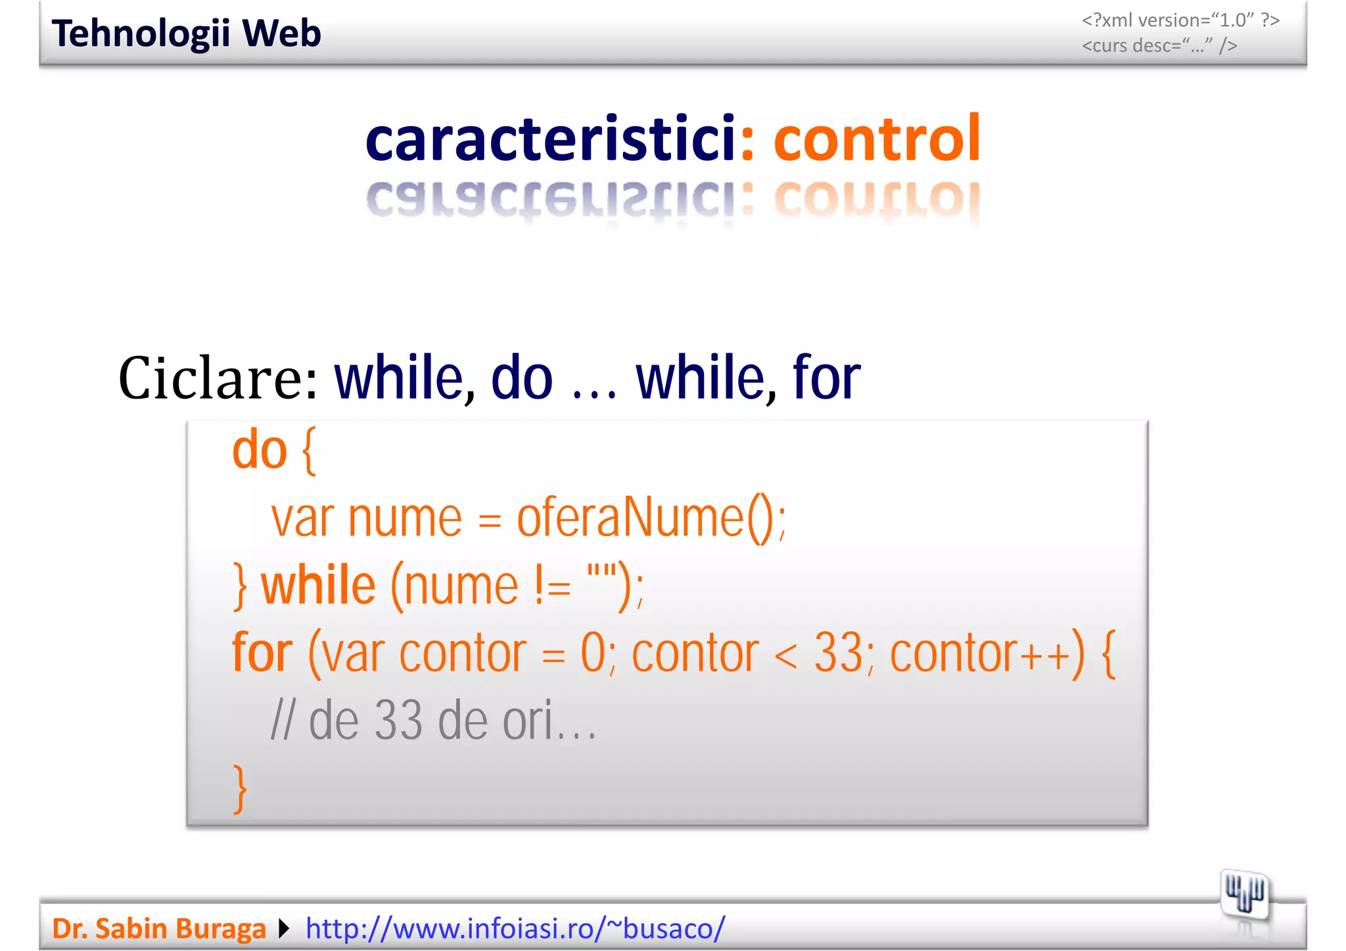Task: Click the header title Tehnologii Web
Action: pyautogui.click(x=186, y=33)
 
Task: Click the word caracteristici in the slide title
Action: pyautogui.click(x=551, y=139)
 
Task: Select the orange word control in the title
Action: pyautogui.click(x=877, y=139)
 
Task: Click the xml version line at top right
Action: pyautogui.click(x=1180, y=20)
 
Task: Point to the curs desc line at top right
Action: pyautogui.click(x=1159, y=45)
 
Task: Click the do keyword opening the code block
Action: pyautogui.click(x=260, y=451)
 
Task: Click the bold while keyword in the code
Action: pyautogui.click(x=319, y=586)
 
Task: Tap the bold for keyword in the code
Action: pyautogui.click(x=262, y=653)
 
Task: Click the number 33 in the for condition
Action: pyautogui.click(x=838, y=653)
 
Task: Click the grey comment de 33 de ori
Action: pyautogui.click(x=434, y=720)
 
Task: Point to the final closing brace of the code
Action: pyautogui.click(x=241, y=788)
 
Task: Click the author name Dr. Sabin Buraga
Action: pyautogui.click(x=159, y=928)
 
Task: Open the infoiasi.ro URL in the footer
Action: pyautogui.click(x=515, y=928)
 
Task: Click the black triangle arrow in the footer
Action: pyautogui.click(x=284, y=928)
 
